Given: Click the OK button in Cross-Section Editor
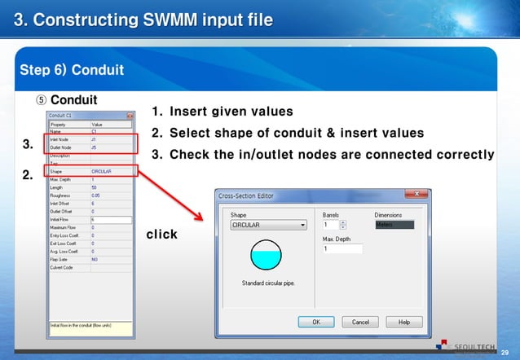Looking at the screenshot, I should click(316, 322).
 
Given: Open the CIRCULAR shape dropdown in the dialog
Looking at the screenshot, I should click(268, 226).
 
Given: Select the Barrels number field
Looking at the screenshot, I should click(331, 225).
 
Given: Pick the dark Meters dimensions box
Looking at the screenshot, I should click(394, 225).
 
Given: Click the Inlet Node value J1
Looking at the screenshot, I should click(95, 139).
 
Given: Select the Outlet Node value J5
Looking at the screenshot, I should click(95, 147).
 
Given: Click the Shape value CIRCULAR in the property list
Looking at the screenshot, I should click(102, 171).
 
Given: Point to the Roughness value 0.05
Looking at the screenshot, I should click(96, 195).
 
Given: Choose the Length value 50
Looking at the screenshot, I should click(95, 187).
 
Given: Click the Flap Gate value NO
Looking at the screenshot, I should click(95, 259).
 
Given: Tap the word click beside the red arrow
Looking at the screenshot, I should click(161, 235).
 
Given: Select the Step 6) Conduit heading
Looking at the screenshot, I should click(72, 69).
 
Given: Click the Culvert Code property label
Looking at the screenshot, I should click(62, 267).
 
